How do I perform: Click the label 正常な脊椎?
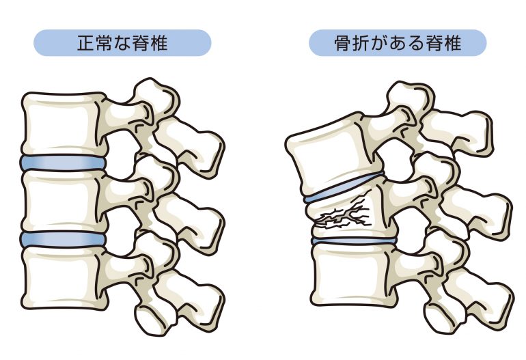[122, 43]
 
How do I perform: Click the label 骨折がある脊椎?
[398, 43]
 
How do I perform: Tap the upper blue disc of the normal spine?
[63, 163]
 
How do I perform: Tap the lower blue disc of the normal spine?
[63, 239]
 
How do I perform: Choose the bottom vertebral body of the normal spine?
[64, 278]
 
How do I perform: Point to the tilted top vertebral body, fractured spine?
[335, 154]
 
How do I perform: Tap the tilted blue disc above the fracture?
[344, 189]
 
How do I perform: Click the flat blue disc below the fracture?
[355, 240]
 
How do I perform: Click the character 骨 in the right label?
[342, 43]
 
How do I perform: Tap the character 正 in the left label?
[85, 43]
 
